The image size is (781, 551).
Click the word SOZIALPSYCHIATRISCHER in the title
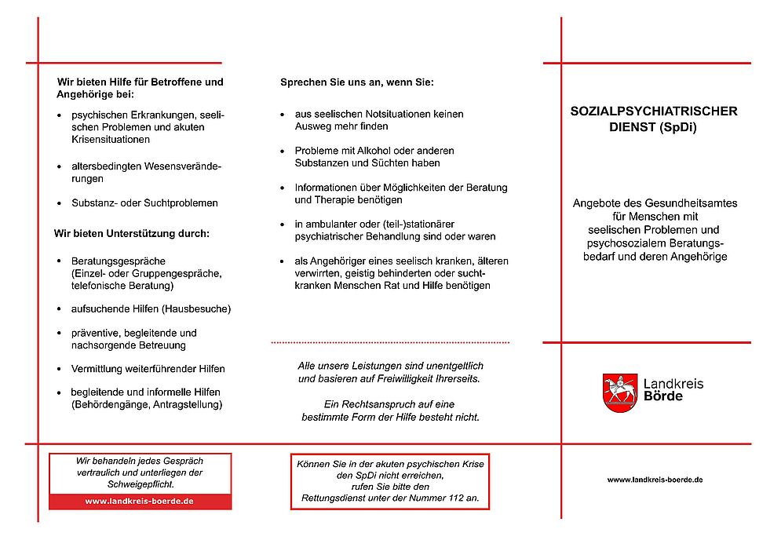click(653, 111)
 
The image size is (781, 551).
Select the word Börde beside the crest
click(662, 397)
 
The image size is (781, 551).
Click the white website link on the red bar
click(140, 502)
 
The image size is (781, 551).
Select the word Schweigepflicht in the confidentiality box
click(140, 484)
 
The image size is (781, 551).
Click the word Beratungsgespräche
click(118, 261)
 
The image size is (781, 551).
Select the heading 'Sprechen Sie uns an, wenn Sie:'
click(357, 82)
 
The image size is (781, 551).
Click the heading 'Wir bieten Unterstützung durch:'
click(131, 233)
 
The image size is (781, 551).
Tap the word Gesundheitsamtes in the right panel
click(698, 203)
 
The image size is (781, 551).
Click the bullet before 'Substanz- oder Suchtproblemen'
click(60, 203)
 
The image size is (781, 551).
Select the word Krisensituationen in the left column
click(110, 139)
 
